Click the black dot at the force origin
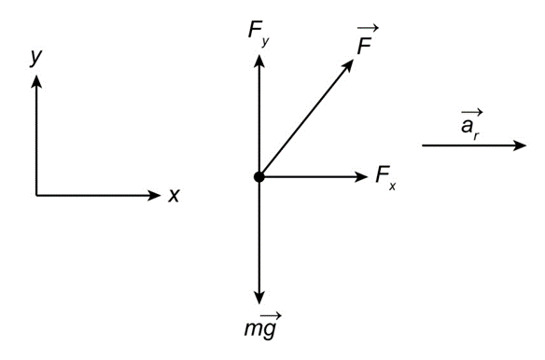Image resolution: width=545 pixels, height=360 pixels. (x=259, y=177)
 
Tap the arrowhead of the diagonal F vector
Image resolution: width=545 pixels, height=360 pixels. (x=348, y=65)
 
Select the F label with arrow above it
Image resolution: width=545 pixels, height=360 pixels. (x=367, y=40)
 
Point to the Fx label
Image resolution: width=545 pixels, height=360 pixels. (x=385, y=177)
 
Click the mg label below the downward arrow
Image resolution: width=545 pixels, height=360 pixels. (x=262, y=325)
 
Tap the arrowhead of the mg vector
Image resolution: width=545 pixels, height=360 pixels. (x=259, y=298)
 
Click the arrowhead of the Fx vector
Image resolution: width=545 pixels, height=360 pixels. (x=360, y=177)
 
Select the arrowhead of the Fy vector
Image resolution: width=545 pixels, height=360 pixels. (x=259, y=61)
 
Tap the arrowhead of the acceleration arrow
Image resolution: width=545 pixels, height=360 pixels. (x=520, y=145)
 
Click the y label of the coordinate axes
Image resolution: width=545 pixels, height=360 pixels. (x=35, y=57)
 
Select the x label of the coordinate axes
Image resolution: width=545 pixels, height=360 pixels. (x=174, y=196)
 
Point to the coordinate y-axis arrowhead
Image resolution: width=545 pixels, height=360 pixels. (x=36, y=82)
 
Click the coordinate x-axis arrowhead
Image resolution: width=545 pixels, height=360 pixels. (x=154, y=195)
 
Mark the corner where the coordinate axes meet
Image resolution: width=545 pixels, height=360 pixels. (x=36, y=195)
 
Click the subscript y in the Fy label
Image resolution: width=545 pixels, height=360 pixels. (x=266, y=42)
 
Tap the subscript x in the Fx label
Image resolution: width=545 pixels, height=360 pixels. (x=392, y=187)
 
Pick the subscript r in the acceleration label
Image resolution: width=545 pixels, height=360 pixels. (x=477, y=136)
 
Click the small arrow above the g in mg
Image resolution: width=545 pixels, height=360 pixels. (x=271, y=316)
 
